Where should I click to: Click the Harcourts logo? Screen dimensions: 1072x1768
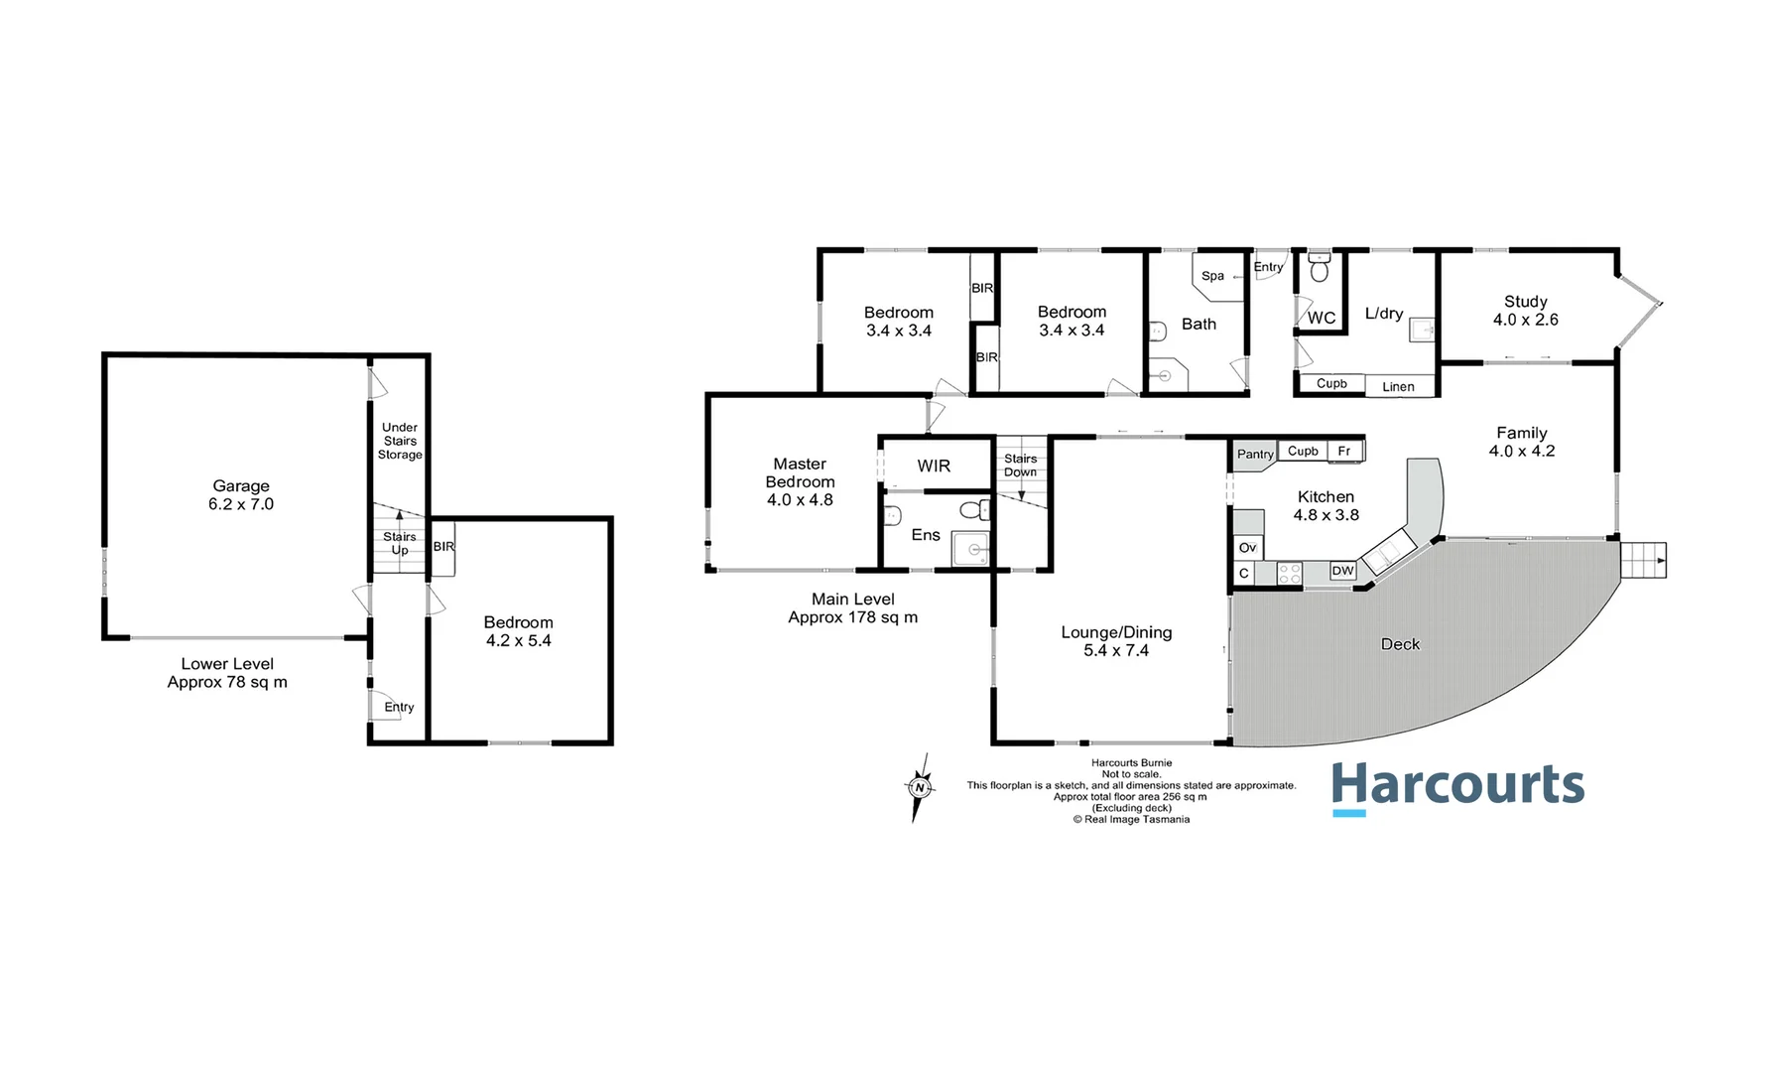(1457, 787)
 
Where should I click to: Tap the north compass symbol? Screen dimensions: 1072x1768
(920, 788)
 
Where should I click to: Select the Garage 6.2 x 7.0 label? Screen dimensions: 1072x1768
(241, 495)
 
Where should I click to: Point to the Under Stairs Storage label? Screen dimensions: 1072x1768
(400, 441)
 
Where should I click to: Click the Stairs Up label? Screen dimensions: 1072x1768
(400, 543)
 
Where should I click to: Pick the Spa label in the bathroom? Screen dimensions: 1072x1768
(1212, 276)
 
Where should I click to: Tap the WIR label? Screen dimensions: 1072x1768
(934, 466)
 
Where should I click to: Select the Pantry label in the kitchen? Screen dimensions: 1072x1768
(1255, 455)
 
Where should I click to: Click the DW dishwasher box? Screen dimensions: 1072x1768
(1342, 571)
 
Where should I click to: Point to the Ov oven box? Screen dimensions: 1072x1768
(1247, 548)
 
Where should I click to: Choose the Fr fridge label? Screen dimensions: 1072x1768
(1344, 452)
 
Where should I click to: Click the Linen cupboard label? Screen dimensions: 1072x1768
(1398, 387)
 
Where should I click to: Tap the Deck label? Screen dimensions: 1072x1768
(1400, 644)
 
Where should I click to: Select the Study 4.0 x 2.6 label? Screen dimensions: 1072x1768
(1525, 311)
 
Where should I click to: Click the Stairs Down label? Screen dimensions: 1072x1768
(1020, 466)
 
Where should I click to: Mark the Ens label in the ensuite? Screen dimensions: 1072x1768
(926, 535)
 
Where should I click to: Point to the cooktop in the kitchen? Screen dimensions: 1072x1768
(1289, 573)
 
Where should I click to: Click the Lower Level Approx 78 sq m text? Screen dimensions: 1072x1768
(227, 673)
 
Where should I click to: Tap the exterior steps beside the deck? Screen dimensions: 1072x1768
(1643, 561)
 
